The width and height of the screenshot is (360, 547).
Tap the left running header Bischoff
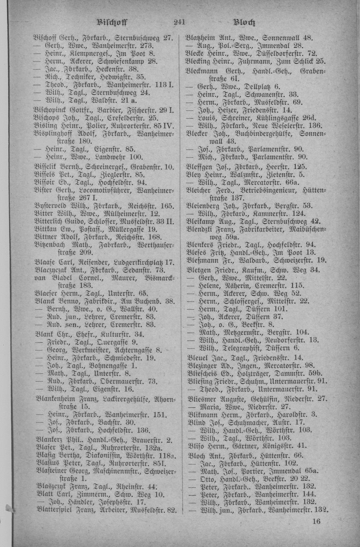coord(112,23)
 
